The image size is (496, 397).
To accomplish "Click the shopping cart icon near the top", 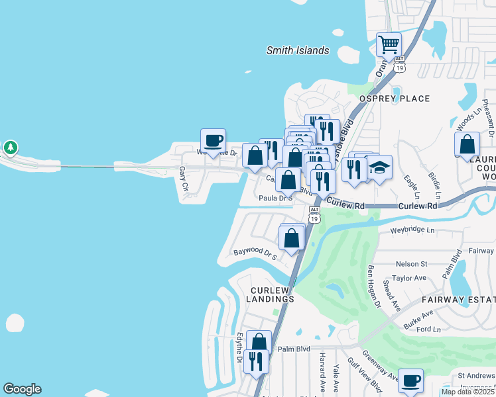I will pyautogui.click(x=389, y=45).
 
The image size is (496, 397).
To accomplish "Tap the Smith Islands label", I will pyautogui.click(x=298, y=50).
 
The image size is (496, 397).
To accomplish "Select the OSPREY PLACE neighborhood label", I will pyautogui.click(x=395, y=99).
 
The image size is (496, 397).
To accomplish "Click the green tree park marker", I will pyautogui.click(x=10, y=147).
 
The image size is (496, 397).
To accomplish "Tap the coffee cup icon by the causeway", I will pyautogui.click(x=213, y=141).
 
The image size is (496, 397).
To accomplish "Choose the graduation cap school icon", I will pyautogui.click(x=380, y=167).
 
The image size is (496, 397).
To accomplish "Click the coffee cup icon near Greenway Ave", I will pyautogui.click(x=410, y=381).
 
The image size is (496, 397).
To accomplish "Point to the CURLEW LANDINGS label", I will pyautogui.click(x=272, y=294).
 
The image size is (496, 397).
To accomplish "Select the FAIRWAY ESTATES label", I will pyautogui.click(x=458, y=300).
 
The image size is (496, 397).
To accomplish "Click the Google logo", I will pyautogui.click(x=22, y=389).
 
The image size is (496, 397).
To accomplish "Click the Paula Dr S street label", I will pyautogui.click(x=275, y=197).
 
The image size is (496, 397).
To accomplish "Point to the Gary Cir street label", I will pyautogui.click(x=182, y=177).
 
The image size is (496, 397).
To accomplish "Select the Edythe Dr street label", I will pyautogui.click(x=238, y=347).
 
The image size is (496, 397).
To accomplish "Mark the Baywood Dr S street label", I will pyautogui.click(x=254, y=253).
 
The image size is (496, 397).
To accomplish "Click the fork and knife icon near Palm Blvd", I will pyautogui.click(x=255, y=362).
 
